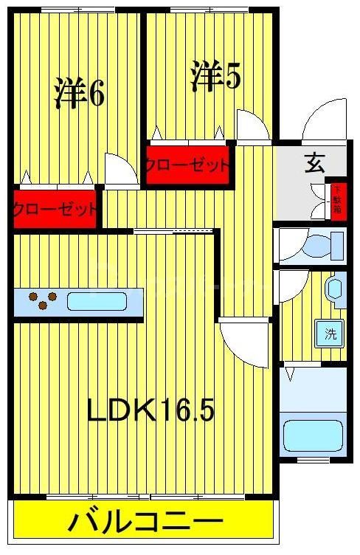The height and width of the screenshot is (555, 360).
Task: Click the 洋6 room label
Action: coord(79,93)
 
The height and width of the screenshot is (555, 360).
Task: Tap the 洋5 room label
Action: coord(215,76)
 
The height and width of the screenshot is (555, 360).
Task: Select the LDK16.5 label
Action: coord(150,410)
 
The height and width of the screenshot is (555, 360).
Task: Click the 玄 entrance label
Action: coord(315,164)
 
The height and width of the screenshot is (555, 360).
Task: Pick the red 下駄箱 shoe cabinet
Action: coord(337,199)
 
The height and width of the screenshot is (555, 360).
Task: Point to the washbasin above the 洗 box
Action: coord(336,289)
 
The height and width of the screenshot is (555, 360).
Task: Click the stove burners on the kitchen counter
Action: coord(43,300)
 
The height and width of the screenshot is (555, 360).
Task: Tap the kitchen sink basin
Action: coord(97,301)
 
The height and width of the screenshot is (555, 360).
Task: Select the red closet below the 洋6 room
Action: coord(55,208)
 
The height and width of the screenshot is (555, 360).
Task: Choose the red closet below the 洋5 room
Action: coord(187,165)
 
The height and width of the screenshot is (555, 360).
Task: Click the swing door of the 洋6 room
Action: coord(120,170)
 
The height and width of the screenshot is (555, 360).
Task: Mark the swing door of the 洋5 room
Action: coord(253,125)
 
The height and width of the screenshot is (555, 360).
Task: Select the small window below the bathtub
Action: coord(312,461)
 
